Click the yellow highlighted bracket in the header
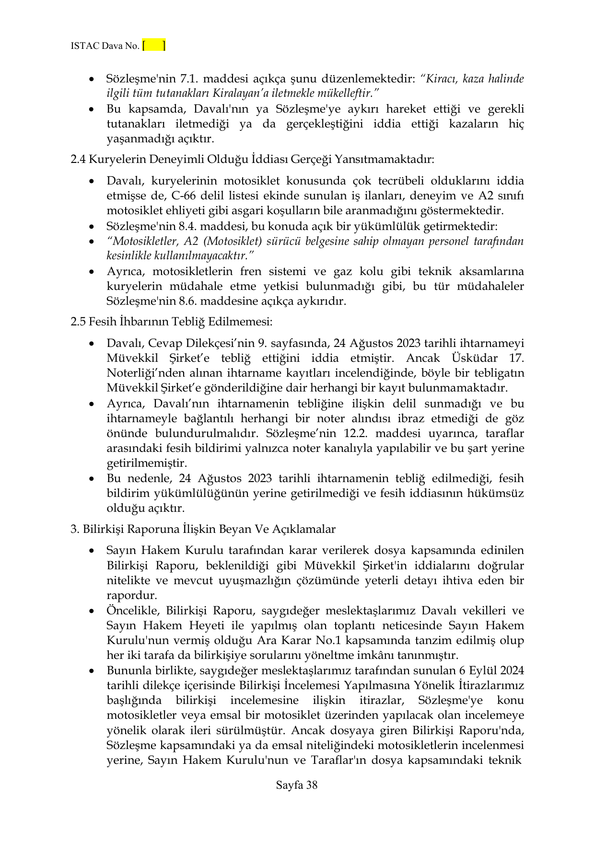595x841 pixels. click(154, 46)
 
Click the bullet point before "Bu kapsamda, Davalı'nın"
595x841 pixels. click(92, 109)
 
